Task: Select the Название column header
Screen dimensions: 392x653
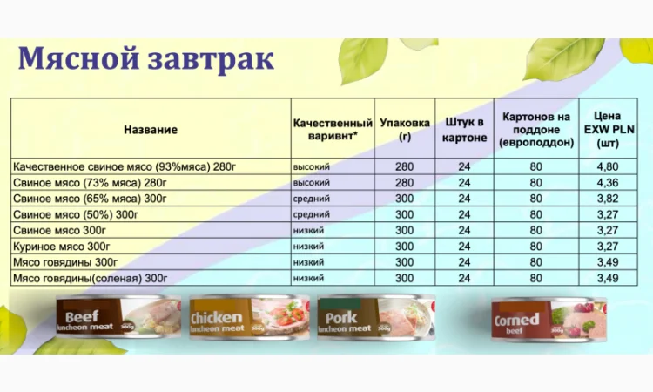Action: click(x=151, y=130)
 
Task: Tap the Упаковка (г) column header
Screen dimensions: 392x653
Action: click(x=405, y=130)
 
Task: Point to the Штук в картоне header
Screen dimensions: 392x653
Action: click(x=464, y=130)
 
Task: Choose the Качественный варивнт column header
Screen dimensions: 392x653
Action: click(x=333, y=130)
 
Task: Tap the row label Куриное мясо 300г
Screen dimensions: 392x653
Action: click(x=62, y=247)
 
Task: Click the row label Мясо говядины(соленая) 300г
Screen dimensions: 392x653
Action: click(x=91, y=279)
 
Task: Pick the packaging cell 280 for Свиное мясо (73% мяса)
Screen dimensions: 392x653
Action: click(x=405, y=183)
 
